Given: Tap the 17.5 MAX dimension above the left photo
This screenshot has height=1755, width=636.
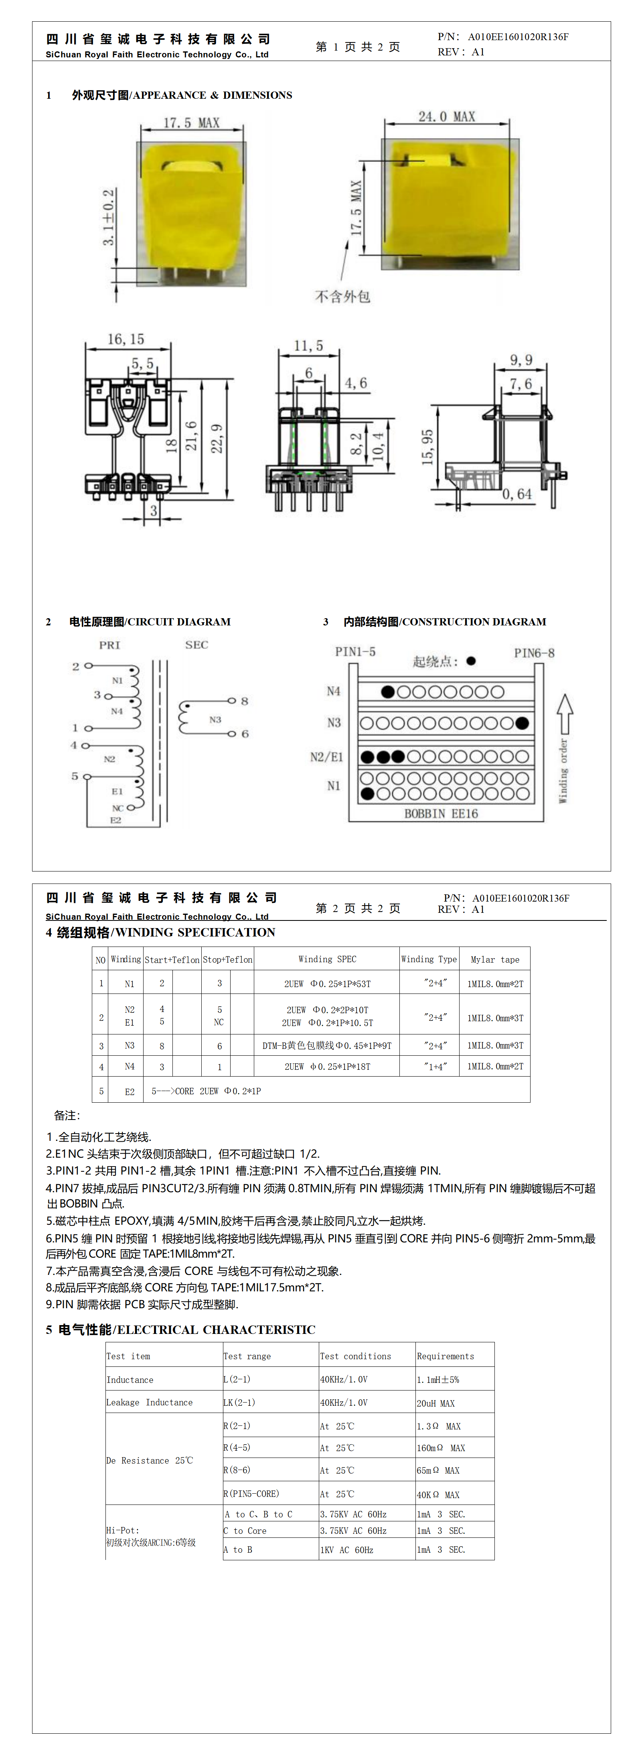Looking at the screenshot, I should click(191, 123).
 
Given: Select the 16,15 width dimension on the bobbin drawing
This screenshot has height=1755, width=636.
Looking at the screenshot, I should click(126, 339).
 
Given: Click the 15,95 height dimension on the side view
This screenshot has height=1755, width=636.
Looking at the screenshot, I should click(427, 447).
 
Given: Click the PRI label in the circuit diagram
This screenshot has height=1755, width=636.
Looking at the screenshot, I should click(109, 645).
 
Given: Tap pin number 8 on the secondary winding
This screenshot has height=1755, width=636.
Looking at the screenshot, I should click(245, 701).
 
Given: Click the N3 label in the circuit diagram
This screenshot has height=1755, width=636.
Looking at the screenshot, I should click(215, 719).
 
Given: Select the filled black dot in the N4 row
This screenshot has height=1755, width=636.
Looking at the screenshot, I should click(388, 692).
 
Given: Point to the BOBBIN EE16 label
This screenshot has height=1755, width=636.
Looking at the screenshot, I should click(441, 813).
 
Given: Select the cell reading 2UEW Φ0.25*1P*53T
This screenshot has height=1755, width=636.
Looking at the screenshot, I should click(328, 984).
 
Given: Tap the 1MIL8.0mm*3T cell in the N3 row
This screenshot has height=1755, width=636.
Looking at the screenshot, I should click(495, 1045).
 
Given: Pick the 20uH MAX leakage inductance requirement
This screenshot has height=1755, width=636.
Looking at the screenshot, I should click(436, 1403).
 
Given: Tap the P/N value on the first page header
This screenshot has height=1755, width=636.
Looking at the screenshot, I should click(518, 37).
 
